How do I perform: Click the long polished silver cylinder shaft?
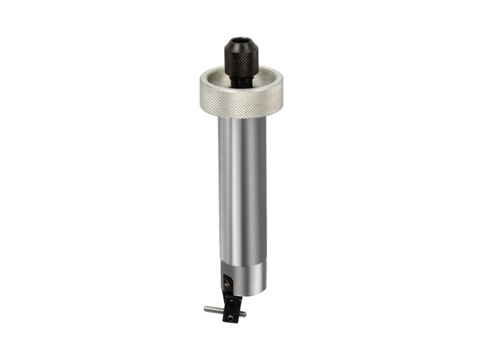pos(242,189)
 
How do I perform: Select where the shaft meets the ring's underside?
pos(242,117)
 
